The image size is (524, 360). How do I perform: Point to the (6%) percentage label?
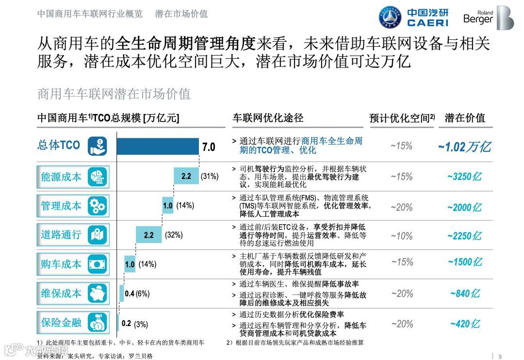point(143,294)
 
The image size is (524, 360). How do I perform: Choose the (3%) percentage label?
point(141,324)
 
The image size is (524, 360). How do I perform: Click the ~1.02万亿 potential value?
point(464,147)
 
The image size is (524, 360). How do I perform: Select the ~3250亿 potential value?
point(464,177)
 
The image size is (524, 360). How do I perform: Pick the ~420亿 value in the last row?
point(464,324)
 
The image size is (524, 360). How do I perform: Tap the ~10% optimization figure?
point(401,236)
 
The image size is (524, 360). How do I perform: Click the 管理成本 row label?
point(61,206)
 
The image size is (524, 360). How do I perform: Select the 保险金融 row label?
point(61,322)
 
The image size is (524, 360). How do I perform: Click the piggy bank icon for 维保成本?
point(98,293)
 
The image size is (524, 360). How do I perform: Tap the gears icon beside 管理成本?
point(98,206)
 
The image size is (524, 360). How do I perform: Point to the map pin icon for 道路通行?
point(98,235)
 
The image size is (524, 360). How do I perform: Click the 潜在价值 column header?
point(464,118)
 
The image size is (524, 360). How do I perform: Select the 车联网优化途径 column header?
point(268,118)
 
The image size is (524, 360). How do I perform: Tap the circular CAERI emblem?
point(390,17)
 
